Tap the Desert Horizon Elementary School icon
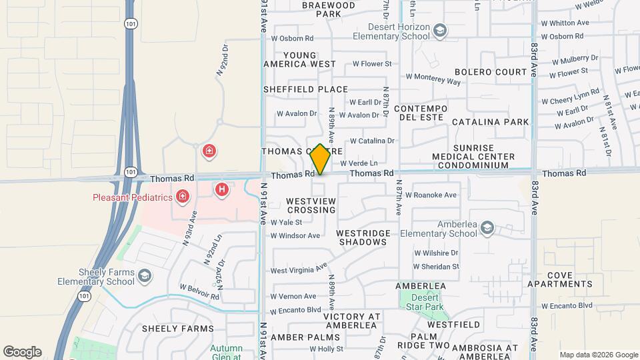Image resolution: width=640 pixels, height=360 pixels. (440, 30)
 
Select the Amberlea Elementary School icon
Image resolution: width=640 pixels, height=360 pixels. (487, 229)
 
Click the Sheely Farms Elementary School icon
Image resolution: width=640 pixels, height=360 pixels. (144, 276)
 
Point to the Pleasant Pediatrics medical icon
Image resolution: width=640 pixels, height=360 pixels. (182, 197)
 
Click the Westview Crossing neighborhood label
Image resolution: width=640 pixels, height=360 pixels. (311, 205)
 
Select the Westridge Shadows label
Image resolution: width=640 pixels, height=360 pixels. (361, 237)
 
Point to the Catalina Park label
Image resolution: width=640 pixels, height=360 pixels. (490, 122)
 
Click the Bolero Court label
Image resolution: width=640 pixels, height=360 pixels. (491, 71)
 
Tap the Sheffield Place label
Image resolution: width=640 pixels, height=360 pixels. (305, 89)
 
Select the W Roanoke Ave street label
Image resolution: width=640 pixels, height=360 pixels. (435, 195)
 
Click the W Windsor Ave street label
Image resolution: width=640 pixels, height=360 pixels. (295, 235)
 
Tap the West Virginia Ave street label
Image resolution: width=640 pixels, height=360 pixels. (299, 269)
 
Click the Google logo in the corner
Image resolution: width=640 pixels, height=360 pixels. (22, 352)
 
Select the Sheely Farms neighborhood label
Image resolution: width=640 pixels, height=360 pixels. (178, 328)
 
